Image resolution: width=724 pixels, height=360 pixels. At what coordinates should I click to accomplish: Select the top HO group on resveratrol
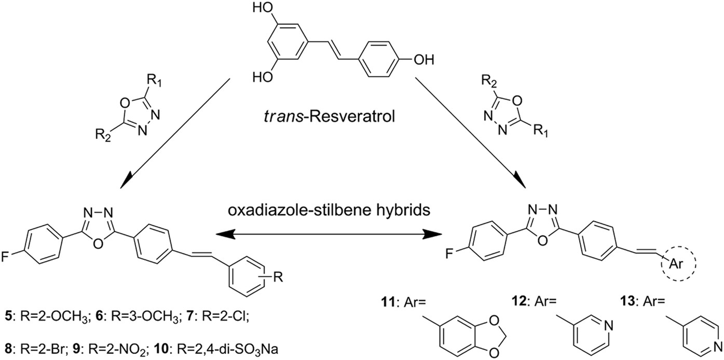coord(263,9)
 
